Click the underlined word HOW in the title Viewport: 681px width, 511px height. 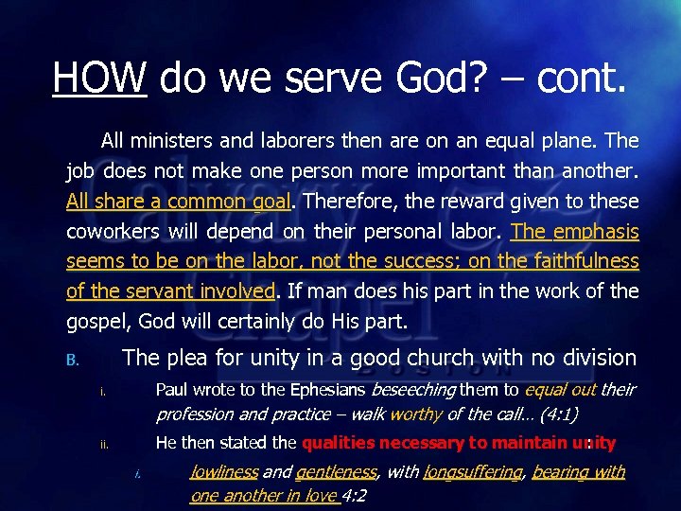click(99, 76)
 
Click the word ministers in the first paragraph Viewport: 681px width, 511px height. click(169, 142)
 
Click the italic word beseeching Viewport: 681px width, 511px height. click(415, 390)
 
